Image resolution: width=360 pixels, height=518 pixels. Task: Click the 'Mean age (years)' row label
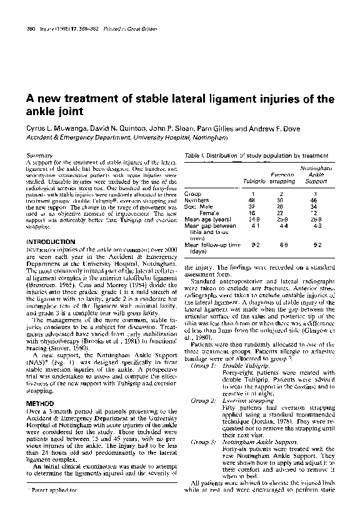211,220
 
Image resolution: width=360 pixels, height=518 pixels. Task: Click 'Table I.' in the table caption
194,155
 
